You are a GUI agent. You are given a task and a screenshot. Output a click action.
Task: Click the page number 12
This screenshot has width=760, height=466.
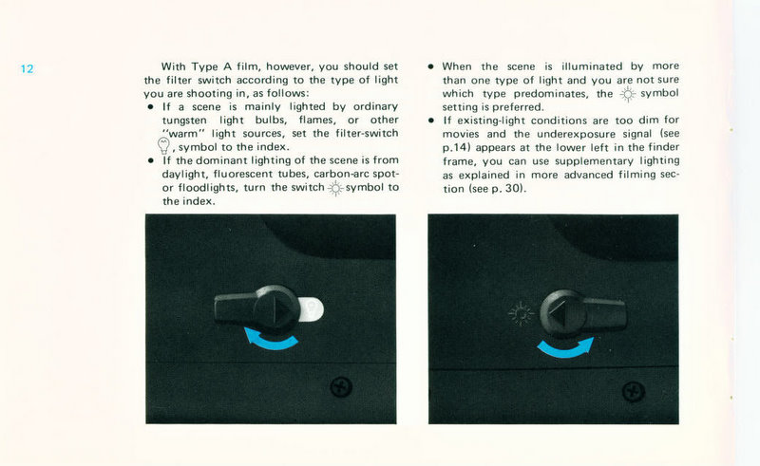pos(28,68)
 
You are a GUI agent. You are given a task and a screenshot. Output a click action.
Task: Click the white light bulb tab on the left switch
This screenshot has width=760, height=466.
pos(312,308)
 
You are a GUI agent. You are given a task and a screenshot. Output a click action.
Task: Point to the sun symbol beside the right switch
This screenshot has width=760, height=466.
pos(521,314)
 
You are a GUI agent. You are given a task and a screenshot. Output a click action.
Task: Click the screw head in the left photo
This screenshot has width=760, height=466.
pos(341,387)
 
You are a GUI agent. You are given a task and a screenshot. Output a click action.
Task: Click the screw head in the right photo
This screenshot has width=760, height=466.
pos(634,391)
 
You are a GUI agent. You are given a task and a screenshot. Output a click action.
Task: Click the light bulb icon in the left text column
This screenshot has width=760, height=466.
pos(163,145)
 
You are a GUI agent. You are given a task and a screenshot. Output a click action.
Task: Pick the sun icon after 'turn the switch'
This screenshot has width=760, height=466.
pos(335,189)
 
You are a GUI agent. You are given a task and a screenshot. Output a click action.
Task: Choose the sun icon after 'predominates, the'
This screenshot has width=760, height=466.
pos(628,95)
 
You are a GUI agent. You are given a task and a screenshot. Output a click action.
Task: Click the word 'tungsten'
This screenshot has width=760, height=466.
pos(184,121)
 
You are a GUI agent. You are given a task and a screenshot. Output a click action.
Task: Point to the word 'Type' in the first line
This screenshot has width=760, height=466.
pos(205,66)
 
